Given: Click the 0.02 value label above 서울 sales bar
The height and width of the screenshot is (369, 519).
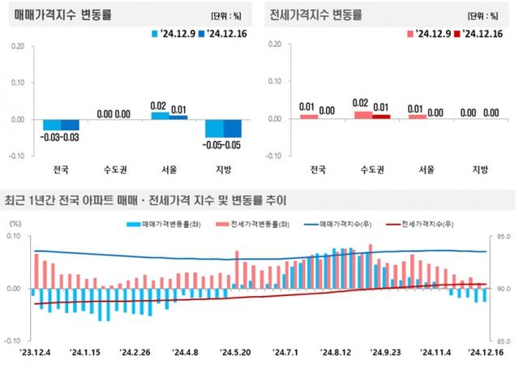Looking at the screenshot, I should tap(159, 105).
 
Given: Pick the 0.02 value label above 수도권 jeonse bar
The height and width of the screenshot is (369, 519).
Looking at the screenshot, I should tap(362, 104).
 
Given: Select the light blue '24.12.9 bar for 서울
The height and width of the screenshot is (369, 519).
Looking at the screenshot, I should tap(161, 115).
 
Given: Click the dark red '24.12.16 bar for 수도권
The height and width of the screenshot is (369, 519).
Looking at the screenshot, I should tap(380, 116).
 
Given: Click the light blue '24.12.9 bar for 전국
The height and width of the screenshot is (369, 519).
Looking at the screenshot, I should tap(51, 124).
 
